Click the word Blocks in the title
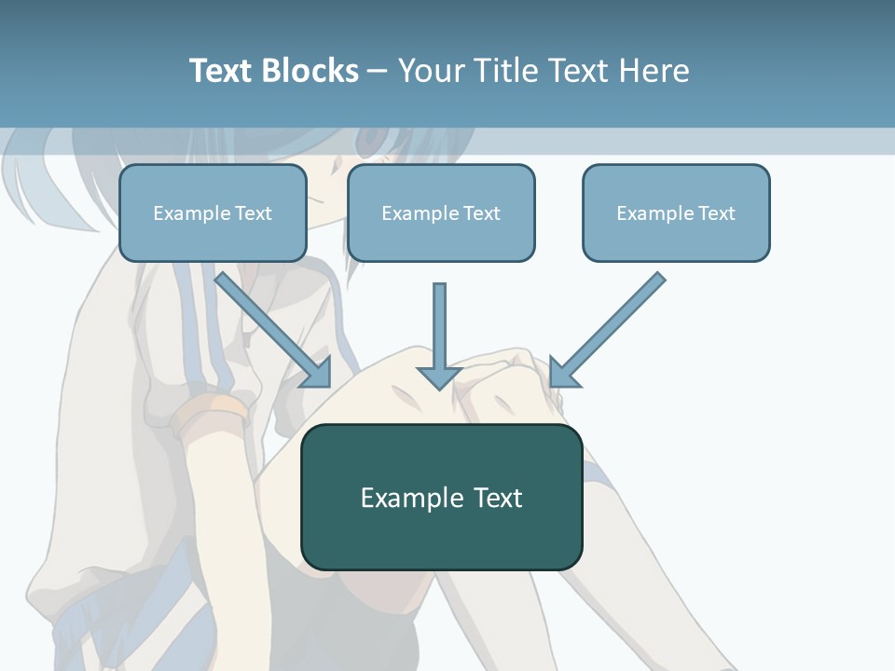point(310,71)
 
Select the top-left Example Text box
point(213,212)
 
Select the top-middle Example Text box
point(441,212)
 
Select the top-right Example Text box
point(676,212)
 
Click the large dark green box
point(441,497)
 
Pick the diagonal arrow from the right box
point(611,326)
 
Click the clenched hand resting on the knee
point(508,382)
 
